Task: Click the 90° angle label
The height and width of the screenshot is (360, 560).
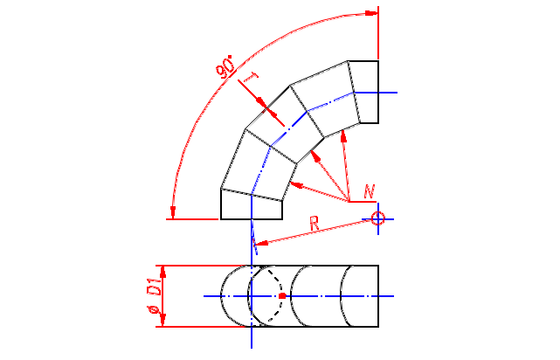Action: pos(226,68)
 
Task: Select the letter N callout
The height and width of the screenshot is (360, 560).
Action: pos(370,190)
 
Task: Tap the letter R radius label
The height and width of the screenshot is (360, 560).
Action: pos(314,224)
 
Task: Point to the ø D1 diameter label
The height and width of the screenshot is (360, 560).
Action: pos(152,297)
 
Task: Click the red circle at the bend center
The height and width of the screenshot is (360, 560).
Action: pos(377,218)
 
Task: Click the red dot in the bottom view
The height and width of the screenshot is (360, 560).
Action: pos(282,296)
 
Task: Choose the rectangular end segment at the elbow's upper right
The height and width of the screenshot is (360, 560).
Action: pos(365,92)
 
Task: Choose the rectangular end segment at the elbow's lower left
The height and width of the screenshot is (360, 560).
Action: pos(251,206)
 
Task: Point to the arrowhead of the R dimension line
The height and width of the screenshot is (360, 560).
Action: pos(257,243)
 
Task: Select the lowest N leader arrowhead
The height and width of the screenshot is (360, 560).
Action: pos(294,184)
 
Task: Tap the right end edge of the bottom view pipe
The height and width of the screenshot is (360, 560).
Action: pos(377,296)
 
